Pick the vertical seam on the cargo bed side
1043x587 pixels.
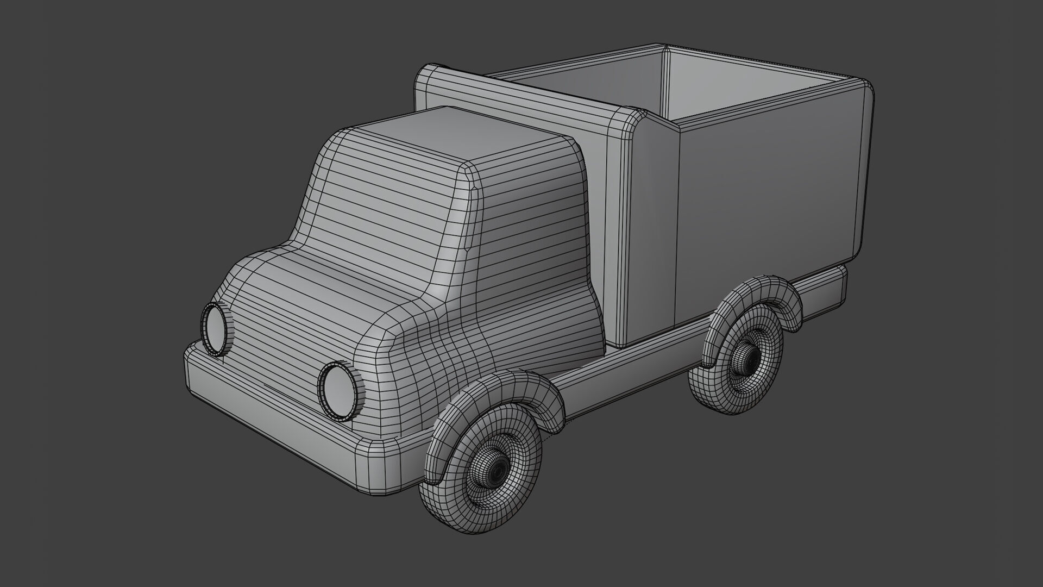(x=675, y=228)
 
